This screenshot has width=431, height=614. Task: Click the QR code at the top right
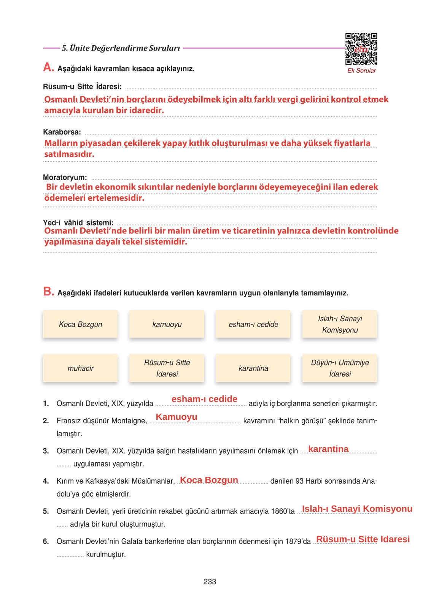pyautogui.click(x=361, y=49)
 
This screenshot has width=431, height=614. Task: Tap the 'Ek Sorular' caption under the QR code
pyautogui.click(x=361, y=71)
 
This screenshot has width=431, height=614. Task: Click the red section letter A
pyautogui.click(x=48, y=67)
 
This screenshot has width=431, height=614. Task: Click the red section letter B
pyautogui.click(x=48, y=292)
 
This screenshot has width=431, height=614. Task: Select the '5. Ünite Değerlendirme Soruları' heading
pyautogui.click(x=121, y=48)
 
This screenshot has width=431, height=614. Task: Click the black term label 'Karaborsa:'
pyautogui.click(x=62, y=132)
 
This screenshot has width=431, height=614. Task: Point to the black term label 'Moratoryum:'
pyautogui.click(x=65, y=178)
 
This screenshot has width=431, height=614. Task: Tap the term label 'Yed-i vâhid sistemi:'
pyautogui.click(x=78, y=223)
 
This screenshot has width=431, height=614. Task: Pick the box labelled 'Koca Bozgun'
pyautogui.click(x=80, y=324)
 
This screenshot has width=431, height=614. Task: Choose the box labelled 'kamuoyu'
pyautogui.click(x=167, y=324)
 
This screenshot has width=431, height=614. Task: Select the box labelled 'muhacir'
pyautogui.click(x=80, y=368)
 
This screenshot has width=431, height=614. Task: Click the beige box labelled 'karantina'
pyautogui.click(x=253, y=368)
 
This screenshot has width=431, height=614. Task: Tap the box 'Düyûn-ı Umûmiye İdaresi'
pyautogui.click(x=339, y=368)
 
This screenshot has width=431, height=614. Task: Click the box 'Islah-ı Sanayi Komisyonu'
pyautogui.click(x=339, y=324)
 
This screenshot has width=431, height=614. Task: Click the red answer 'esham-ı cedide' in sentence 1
pyautogui.click(x=204, y=399)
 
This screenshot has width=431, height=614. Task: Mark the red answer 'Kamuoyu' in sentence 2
pyautogui.click(x=177, y=417)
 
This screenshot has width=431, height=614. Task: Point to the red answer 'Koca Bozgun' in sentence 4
pyautogui.click(x=209, y=480)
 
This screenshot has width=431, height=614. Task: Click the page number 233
pyautogui.click(x=210, y=582)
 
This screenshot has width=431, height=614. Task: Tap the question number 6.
pyautogui.click(x=46, y=541)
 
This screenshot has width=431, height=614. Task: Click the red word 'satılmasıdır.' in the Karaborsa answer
pyautogui.click(x=69, y=154)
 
